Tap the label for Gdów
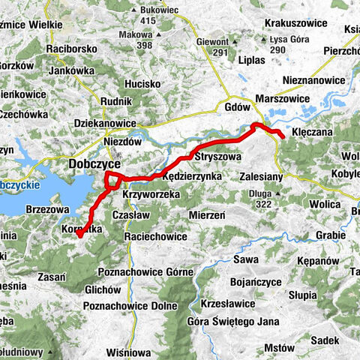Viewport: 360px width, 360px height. click(237, 107)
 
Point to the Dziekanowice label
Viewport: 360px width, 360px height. click(105, 123)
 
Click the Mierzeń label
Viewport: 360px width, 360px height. click(208, 214)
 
